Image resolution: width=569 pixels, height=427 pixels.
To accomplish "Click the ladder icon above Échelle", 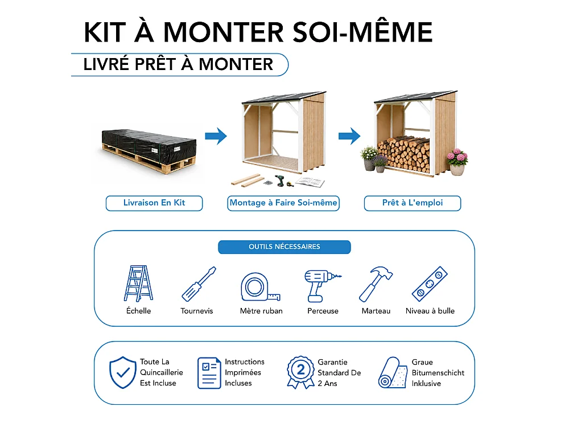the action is pyautogui.click(x=138, y=283).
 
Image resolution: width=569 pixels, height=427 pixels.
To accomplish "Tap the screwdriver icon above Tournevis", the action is pyautogui.click(x=199, y=284).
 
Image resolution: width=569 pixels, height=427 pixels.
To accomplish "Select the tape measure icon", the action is pyautogui.click(x=260, y=287).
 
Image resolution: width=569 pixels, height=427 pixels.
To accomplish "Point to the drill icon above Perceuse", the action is pyautogui.click(x=321, y=286).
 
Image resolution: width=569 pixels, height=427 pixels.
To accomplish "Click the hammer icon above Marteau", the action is pyautogui.click(x=375, y=284).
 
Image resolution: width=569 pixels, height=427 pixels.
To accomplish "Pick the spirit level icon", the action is pyautogui.click(x=430, y=284).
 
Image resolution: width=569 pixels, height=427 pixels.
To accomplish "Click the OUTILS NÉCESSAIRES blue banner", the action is pyautogui.click(x=284, y=247).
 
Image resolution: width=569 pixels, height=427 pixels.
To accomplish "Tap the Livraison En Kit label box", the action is pyautogui.click(x=154, y=203).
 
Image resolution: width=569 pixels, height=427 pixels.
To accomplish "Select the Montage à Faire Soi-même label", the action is pyautogui.click(x=283, y=203).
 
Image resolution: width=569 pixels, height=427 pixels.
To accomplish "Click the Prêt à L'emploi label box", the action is pyautogui.click(x=413, y=203).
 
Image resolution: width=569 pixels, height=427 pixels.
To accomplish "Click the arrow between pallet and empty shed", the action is pyautogui.click(x=216, y=136).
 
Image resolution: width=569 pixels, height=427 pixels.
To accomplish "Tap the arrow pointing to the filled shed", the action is pyautogui.click(x=349, y=136).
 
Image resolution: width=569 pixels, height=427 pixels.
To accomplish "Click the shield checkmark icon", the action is pyautogui.click(x=123, y=372).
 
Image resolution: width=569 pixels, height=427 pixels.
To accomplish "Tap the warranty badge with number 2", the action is pyautogui.click(x=301, y=372).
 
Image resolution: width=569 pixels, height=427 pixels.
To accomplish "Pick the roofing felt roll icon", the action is pyautogui.click(x=393, y=372).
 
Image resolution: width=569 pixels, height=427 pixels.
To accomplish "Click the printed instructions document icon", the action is pyautogui.click(x=209, y=373).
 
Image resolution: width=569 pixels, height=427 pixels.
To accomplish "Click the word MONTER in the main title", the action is pyautogui.click(x=224, y=32).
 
